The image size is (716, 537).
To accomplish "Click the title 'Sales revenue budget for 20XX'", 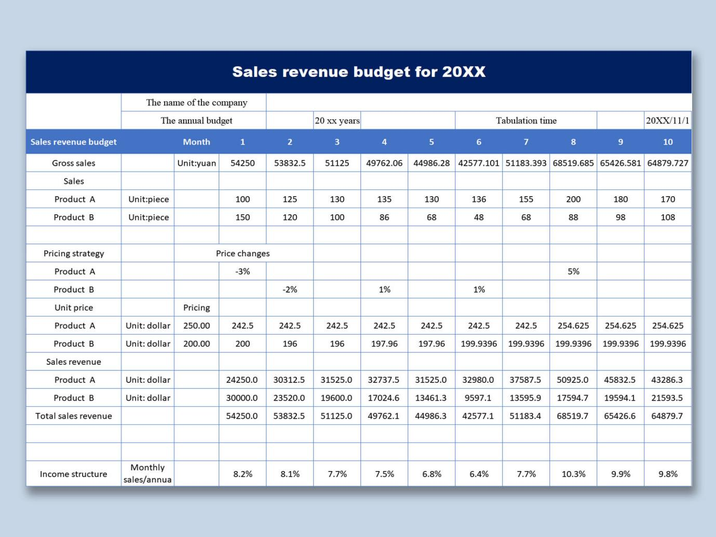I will point(358,72).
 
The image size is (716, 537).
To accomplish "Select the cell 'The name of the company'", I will point(196,102).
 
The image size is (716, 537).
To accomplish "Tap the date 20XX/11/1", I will point(667,120).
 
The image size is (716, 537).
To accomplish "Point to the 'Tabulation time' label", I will point(525,120).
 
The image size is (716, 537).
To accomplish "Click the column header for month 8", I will point(573,142).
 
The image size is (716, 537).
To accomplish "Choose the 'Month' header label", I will point(196,142).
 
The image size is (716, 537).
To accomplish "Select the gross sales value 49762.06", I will point(384,163).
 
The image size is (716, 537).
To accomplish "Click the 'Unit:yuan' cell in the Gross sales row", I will point(196,163).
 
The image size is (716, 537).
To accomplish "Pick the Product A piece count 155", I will point(526,199).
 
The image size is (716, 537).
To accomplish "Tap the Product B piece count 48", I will point(479,217).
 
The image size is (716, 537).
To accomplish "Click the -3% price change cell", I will point(242,271).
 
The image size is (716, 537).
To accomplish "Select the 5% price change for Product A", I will point(573,271).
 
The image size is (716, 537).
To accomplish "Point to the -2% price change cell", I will point(290,290).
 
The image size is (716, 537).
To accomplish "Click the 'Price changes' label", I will point(242,253).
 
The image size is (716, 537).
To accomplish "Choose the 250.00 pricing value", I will point(196,326).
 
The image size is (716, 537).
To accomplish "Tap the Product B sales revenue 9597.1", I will point(478,398).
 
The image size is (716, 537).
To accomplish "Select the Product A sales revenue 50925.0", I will point(573,380).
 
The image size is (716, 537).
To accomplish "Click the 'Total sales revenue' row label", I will point(74,416).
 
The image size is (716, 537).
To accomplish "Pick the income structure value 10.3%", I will point(573,474).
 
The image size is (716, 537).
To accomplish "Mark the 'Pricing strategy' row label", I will point(74,253).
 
